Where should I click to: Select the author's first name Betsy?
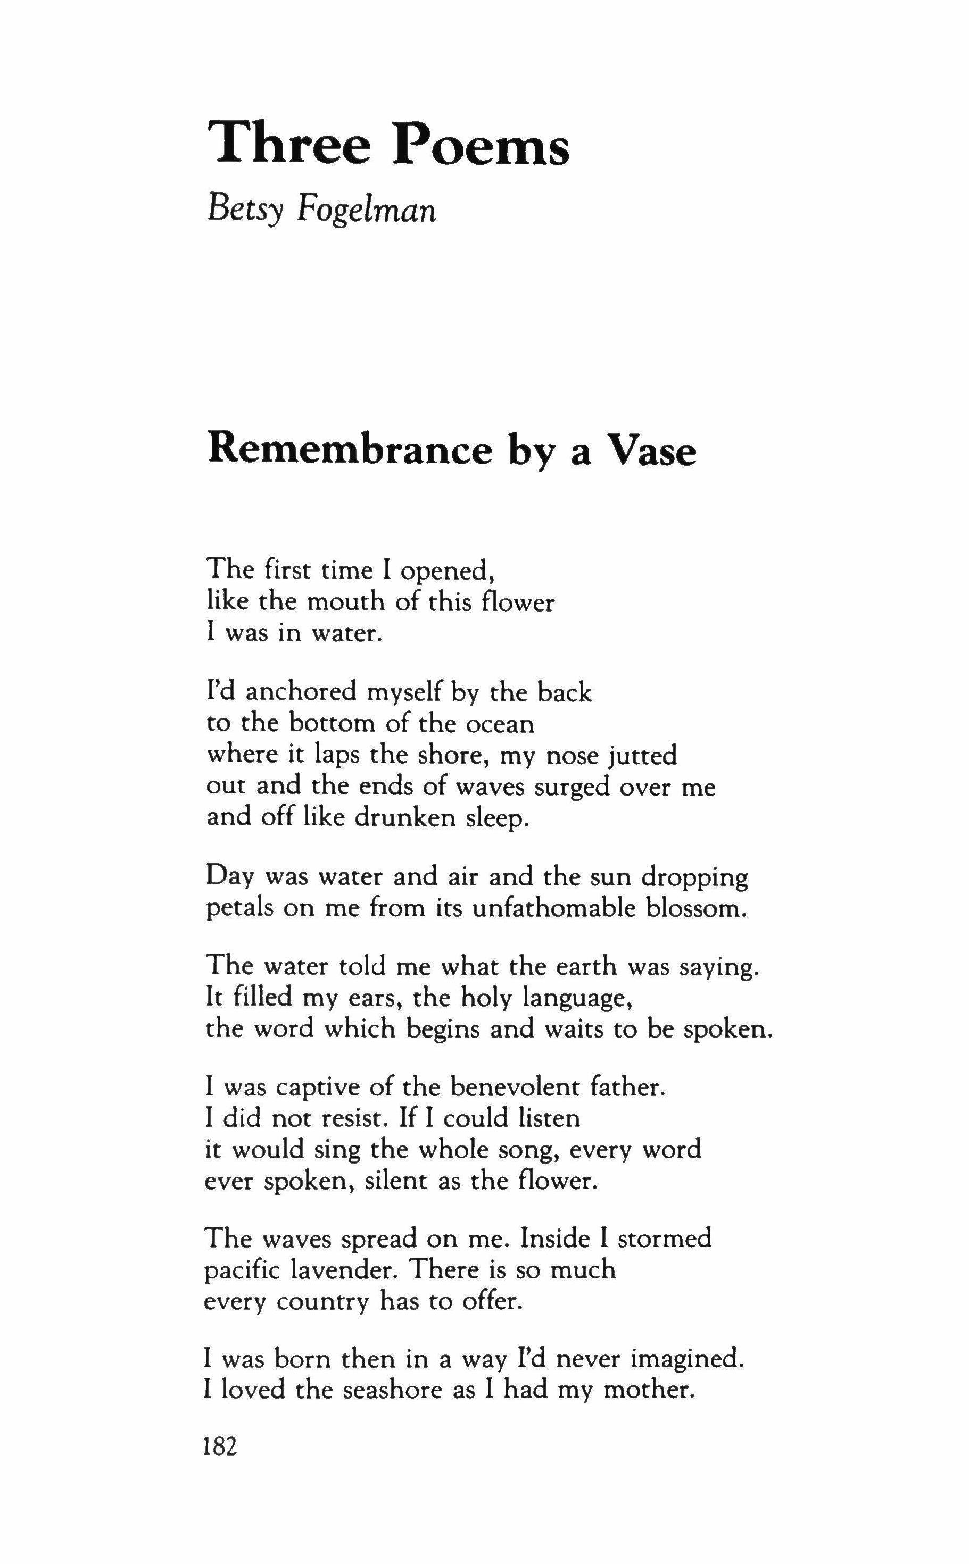tap(245, 210)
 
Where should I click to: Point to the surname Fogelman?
tap(366, 210)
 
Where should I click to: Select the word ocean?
tap(499, 723)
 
